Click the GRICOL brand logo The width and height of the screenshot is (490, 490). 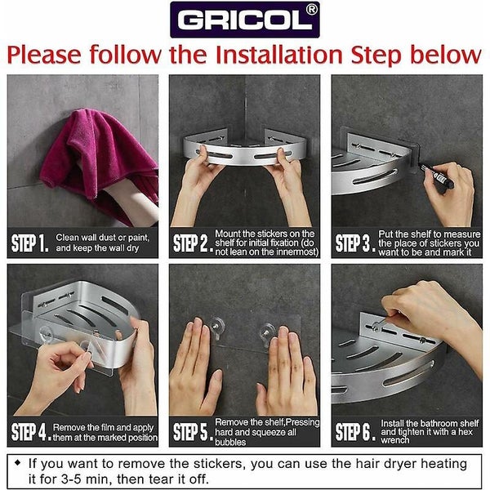(245, 20)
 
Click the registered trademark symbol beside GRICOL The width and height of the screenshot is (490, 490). (311, 10)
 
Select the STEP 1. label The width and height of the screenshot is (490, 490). (30, 243)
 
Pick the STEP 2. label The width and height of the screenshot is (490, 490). (193, 243)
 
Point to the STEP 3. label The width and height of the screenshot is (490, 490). (355, 243)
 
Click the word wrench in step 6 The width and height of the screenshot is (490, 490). (395, 440)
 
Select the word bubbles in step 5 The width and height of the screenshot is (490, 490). (230, 442)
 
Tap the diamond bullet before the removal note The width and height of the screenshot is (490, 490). (18, 462)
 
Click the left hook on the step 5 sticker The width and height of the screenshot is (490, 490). (217, 327)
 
